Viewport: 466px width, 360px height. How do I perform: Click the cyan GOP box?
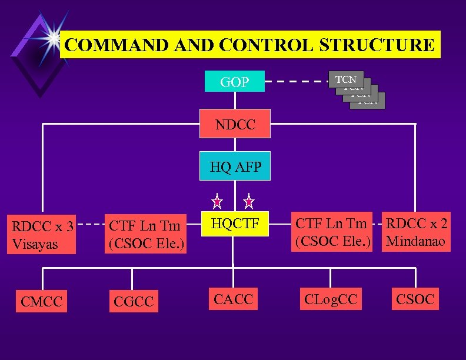234,82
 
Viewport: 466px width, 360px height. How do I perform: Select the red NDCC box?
234,124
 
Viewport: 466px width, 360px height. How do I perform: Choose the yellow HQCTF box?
235,224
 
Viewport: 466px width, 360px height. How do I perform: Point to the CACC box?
234,299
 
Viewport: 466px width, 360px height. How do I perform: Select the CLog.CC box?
331,299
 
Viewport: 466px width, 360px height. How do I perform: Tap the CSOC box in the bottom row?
415,299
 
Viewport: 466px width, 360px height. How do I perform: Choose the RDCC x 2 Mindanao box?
417,232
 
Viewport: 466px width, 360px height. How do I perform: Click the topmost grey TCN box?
346,79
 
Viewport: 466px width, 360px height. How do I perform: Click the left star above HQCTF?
217,202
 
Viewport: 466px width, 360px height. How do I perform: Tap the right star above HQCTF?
249,202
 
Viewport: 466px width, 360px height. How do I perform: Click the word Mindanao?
416,241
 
